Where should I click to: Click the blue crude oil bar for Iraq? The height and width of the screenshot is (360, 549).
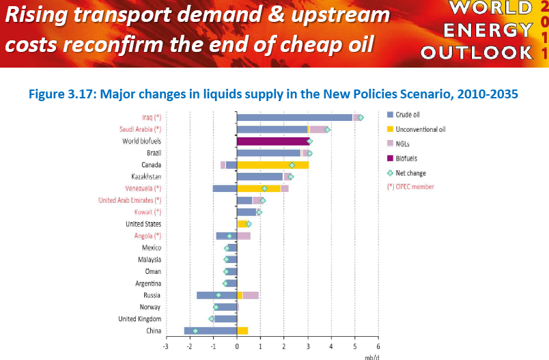tap(294, 117)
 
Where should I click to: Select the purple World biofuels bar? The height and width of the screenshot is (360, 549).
tap(272, 141)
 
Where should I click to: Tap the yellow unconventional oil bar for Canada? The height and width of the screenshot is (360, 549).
tap(272, 165)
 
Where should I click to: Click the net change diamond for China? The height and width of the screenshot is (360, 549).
tap(195, 331)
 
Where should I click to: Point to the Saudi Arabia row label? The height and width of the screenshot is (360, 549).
tap(140, 129)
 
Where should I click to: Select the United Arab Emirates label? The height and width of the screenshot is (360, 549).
tap(130, 200)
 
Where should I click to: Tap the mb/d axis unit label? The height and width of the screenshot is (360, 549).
tap(371, 356)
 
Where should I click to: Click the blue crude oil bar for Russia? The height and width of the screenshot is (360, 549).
tap(216, 295)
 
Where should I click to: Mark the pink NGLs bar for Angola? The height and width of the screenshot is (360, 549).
tap(244, 236)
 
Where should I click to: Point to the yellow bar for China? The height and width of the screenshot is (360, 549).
tap(242, 331)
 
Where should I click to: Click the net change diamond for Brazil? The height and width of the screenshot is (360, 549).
tap(309, 153)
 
